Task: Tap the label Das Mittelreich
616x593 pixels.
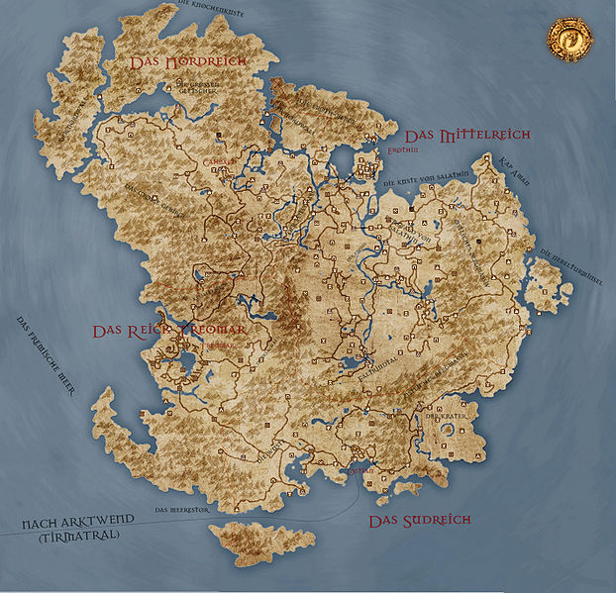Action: pyautogui.click(x=468, y=134)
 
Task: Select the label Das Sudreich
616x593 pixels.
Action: pyautogui.click(x=419, y=520)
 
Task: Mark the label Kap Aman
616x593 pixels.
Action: pyautogui.click(x=516, y=163)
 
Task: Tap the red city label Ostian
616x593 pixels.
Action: pyautogui.click(x=361, y=471)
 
